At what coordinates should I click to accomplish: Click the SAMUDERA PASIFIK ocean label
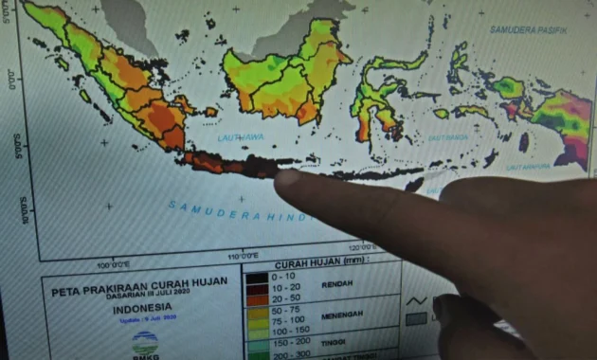pyautogui.click(x=526, y=29)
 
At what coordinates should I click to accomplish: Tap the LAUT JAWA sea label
pyautogui.click(x=240, y=135)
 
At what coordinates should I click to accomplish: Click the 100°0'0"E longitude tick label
pyautogui.click(x=112, y=264)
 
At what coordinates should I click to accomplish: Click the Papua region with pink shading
pyautogui.click(x=563, y=118)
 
